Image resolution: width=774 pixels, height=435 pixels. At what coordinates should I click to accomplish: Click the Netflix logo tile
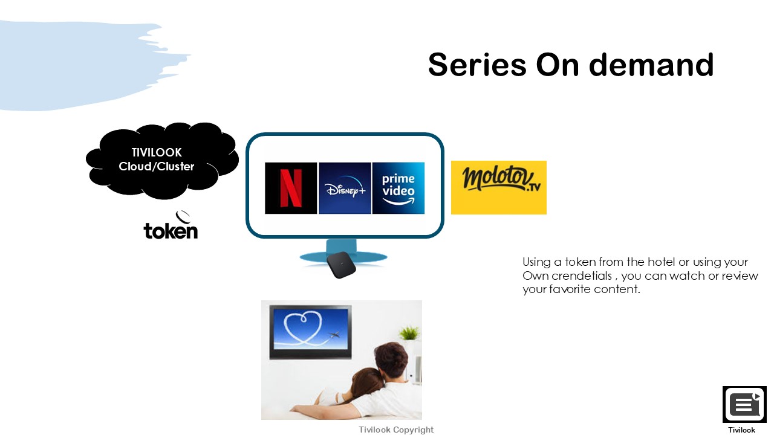pos(291,188)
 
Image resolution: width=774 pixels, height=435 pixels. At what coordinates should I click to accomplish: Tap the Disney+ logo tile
pos(345,188)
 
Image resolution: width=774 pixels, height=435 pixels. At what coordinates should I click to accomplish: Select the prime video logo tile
pos(398,188)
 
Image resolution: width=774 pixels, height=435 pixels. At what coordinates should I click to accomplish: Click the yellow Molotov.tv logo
pos(499,187)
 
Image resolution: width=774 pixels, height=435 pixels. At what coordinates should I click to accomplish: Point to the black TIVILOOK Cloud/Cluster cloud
pos(161,160)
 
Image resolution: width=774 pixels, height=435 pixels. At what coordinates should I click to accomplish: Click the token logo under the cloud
pos(171,225)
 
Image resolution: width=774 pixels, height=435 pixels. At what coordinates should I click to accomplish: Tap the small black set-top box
pos(342,265)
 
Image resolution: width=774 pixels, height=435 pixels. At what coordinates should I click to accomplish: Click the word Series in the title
pos(477,65)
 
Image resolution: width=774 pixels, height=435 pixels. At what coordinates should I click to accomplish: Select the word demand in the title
pos(651,65)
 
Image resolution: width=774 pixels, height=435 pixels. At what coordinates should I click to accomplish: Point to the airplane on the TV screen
pos(333,335)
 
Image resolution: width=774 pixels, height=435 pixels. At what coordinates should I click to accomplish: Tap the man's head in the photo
pos(391,359)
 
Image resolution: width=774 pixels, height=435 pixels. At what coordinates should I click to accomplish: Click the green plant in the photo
pos(409,333)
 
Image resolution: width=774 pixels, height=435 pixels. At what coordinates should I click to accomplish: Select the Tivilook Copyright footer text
pos(396,430)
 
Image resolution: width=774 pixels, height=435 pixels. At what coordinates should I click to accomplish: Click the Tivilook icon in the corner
pos(744,404)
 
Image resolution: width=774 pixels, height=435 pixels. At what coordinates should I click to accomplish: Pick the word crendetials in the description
pos(582,276)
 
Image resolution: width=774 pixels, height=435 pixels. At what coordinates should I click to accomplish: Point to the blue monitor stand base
pos(343,257)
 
